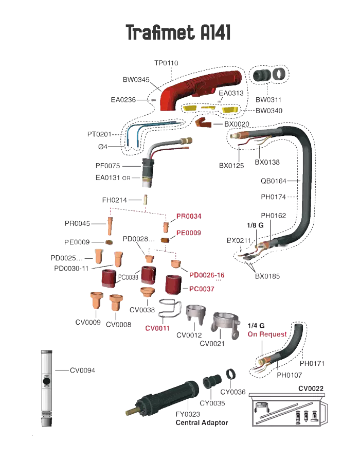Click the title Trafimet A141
point(178,33)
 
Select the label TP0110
point(166,63)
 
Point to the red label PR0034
point(189,216)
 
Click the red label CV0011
point(157,328)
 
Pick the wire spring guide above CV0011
point(170,309)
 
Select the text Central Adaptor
point(202,422)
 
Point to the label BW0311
point(268,99)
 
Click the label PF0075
point(107,166)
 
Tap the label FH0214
point(114,200)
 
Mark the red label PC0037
point(202,289)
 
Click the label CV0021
point(212,343)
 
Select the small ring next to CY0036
point(232,373)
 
